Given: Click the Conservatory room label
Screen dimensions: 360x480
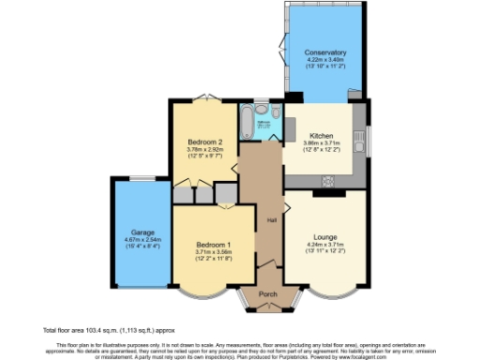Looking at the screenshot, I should pos(326,52).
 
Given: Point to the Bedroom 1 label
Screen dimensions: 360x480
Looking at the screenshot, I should pos(213,245).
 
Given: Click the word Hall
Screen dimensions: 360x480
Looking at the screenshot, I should pos(271,220).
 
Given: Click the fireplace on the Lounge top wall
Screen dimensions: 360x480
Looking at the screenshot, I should pos(325,195).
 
